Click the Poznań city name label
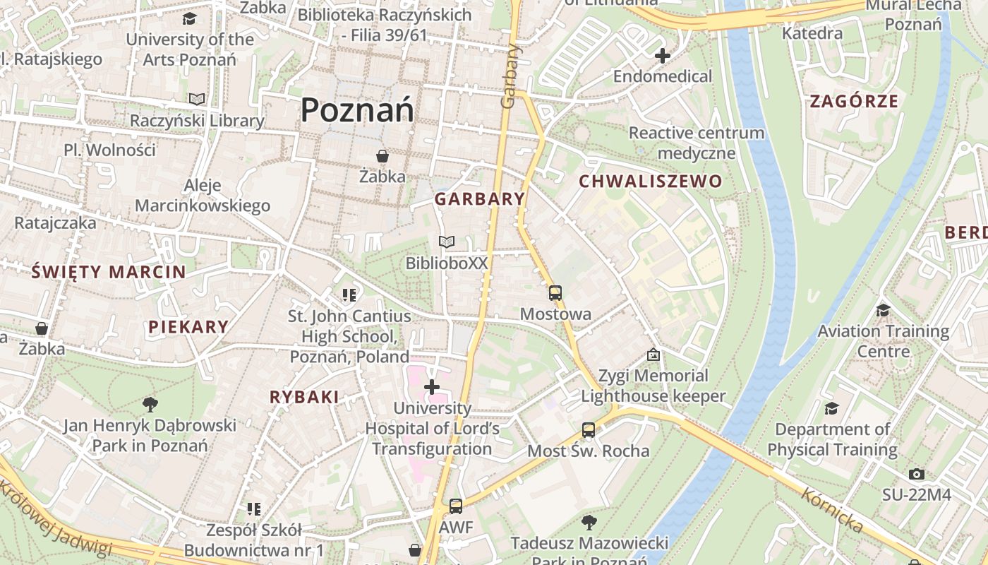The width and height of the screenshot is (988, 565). coord(357,110)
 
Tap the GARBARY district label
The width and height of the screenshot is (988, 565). coord(480,199)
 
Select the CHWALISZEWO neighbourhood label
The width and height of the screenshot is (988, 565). coord(651,182)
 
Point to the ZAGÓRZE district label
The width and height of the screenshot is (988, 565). coord(854,101)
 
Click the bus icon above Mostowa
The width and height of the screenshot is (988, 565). coord(555,292)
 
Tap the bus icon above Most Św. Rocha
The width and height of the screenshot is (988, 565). coord(588,429)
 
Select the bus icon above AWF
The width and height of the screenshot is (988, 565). coord(456,506)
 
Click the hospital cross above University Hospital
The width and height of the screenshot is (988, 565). coord(432,386)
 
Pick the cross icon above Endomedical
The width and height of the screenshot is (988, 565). coord(662,55)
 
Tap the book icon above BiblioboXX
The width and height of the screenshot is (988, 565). coord(446,242)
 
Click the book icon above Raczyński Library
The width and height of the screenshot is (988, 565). coord(197,100)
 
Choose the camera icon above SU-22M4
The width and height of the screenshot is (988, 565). coord(916,474)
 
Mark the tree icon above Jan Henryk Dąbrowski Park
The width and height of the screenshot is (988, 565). coord(150,404)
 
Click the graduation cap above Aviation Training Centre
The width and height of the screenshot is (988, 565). coord(882,310)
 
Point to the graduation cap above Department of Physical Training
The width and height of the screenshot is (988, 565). coord(832,408)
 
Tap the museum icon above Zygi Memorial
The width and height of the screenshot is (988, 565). coord(653,355)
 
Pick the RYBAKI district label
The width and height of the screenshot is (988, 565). coord(304,397)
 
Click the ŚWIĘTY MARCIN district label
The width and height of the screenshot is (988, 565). coord(109,271)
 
